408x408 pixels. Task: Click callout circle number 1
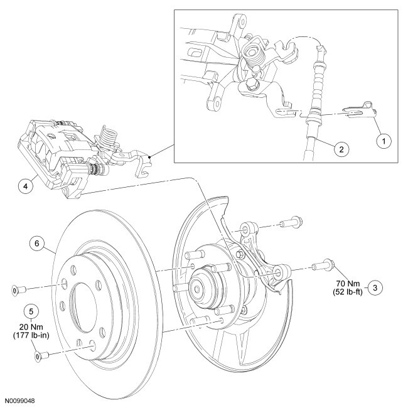click(380, 142)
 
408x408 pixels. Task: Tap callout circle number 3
click(375, 287)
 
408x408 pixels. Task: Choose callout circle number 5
click(30, 310)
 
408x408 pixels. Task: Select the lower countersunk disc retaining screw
click(38, 357)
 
